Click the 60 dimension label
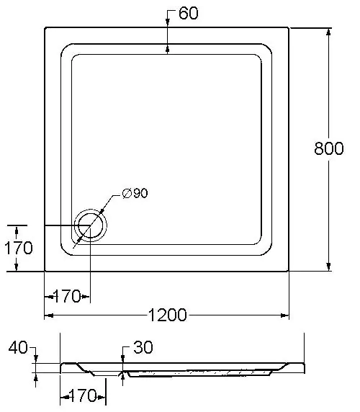point(189,13)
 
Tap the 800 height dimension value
point(329,148)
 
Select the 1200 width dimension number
point(168,315)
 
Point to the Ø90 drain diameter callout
point(135,193)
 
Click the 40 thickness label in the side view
point(18,347)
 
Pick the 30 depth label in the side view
point(143,347)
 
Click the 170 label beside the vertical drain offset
point(19,248)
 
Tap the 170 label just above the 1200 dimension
point(67,296)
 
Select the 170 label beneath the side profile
point(83,395)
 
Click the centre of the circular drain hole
point(91,225)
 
